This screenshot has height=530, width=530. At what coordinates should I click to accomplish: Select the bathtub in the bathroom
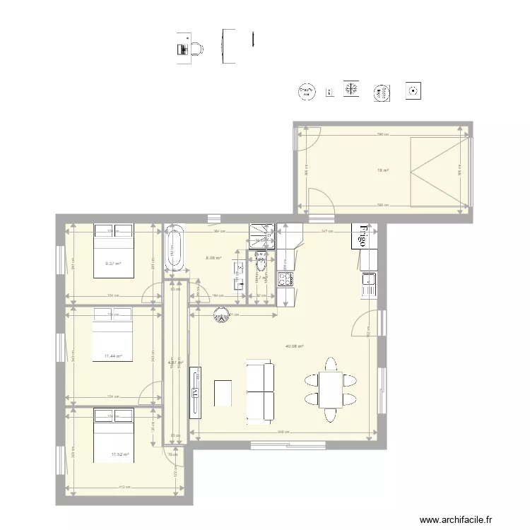pyautogui.click(x=175, y=247)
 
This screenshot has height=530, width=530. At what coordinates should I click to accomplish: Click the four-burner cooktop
pyautogui.click(x=286, y=279)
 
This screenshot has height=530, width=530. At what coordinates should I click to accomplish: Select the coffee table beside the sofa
pyautogui.click(x=223, y=393)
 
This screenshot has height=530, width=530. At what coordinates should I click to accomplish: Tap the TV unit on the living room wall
pyautogui.click(x=195, y=391)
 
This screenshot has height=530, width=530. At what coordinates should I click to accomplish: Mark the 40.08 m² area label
pyautogui.click(x=294, y=346)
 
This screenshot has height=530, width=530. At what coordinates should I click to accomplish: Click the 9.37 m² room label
pyautogui.click(x=113, y=264)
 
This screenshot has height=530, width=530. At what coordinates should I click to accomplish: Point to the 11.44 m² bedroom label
pyautogui.click(x=113, y=356)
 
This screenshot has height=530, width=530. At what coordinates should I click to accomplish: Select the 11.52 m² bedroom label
pyautogui.click(x=119, y=454)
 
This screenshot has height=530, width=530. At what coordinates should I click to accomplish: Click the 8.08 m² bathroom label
pyautogui.click(x=213, y=259)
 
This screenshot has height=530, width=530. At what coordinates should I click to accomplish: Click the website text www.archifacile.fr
pyautogui.click(x=459, y=519)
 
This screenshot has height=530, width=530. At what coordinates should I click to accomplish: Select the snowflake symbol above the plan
pyautogui.click(x=351, y=88)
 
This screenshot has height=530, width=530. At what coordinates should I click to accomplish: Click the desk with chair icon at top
pyautogui.click(x=189, y=47)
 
